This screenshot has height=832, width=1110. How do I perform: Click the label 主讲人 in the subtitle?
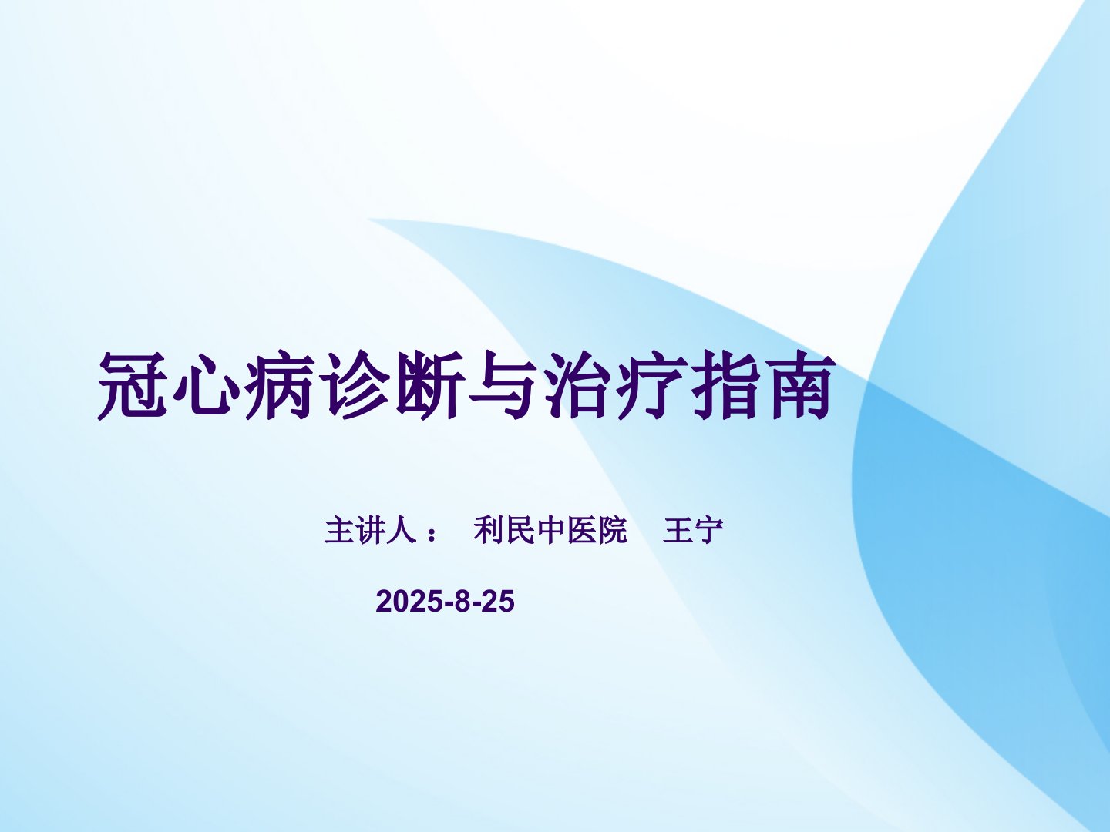(x=371, y=530)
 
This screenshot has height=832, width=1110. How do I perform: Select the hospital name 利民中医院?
(x=550, y=530)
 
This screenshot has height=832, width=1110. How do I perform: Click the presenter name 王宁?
(x=693, y=530)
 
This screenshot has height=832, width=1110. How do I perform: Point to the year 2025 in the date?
(x=408, y=601)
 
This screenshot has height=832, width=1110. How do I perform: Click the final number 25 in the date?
(x=498, y=601)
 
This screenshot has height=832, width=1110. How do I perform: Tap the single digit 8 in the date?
(x=461, y=601)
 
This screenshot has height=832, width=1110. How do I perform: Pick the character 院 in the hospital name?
(x=612, y=530)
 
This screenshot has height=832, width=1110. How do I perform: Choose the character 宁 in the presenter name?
(x=709, y=530)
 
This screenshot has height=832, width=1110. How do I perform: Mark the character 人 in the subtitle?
(x=402, y=530)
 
